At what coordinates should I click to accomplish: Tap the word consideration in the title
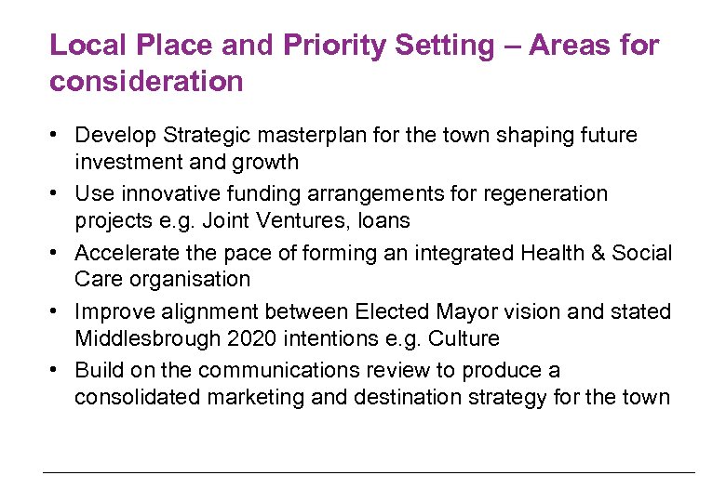tap(146, 82)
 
